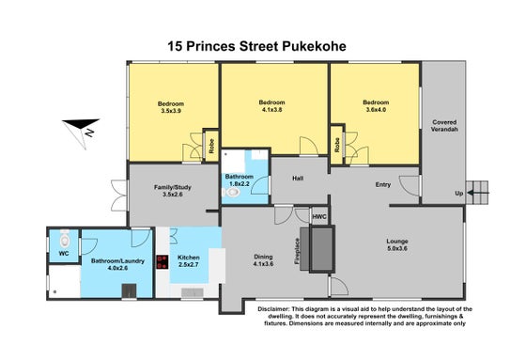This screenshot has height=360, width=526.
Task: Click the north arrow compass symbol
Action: [82, 132]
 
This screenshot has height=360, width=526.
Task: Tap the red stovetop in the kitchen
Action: [162, 262]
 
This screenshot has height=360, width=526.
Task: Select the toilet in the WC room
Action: [65, 239]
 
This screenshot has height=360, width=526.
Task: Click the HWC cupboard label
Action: [319, 216]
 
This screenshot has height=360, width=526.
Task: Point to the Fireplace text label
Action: [297, 251]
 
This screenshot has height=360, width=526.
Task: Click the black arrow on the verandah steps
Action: [478, 193]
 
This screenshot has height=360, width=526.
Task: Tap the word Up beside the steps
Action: [459, 193]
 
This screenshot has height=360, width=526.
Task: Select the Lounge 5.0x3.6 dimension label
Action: [397, 244]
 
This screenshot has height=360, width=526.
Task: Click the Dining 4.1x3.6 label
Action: [263, 260]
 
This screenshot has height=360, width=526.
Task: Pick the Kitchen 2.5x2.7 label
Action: [189, 261]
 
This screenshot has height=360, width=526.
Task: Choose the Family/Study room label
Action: [173, 191]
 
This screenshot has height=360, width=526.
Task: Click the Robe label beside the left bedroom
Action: [211, 146]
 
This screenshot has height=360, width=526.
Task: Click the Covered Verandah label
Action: [444, 126]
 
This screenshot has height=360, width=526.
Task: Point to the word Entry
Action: [383, 184]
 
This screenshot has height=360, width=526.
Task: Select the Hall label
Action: [298, 178]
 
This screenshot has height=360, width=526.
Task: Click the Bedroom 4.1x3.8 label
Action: [271, 105]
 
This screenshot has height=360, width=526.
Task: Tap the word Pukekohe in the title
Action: [314, 46]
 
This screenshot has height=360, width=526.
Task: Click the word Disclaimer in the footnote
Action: [273, 309]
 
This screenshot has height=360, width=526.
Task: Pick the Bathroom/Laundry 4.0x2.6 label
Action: [117, 264]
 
